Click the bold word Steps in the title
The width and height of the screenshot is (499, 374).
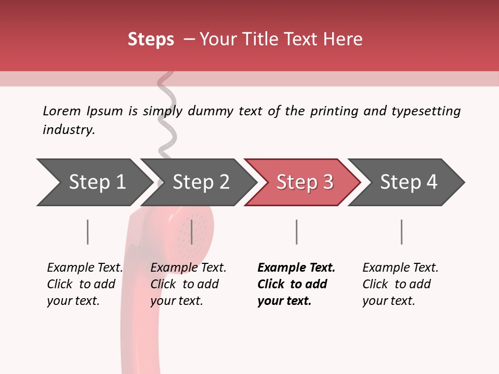tap(151, 39)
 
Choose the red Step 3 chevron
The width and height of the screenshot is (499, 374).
tap(305, 182)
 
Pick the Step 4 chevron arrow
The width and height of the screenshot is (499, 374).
tap(409, 182)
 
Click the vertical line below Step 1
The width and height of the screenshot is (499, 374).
tap(88, 232)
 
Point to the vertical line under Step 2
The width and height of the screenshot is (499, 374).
tap(192, 232)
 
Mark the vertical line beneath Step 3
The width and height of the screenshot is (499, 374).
tap(296, 232)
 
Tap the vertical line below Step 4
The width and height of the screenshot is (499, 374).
tap(401, 232)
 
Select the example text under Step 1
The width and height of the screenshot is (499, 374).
tap(85, 284)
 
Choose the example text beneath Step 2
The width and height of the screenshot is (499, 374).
tap(188, 284)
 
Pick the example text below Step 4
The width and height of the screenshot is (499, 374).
tap(400, 284)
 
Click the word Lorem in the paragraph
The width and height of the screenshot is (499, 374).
tap(61, 111)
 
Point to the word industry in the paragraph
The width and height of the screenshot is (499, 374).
tap(69, 130)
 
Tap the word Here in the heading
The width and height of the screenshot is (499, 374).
tap(343, 39)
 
